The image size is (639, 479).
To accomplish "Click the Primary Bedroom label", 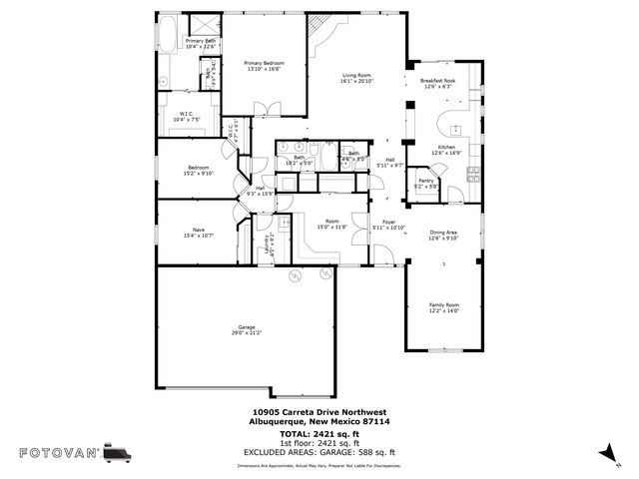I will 264,63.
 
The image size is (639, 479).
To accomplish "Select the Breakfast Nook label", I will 437,81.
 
